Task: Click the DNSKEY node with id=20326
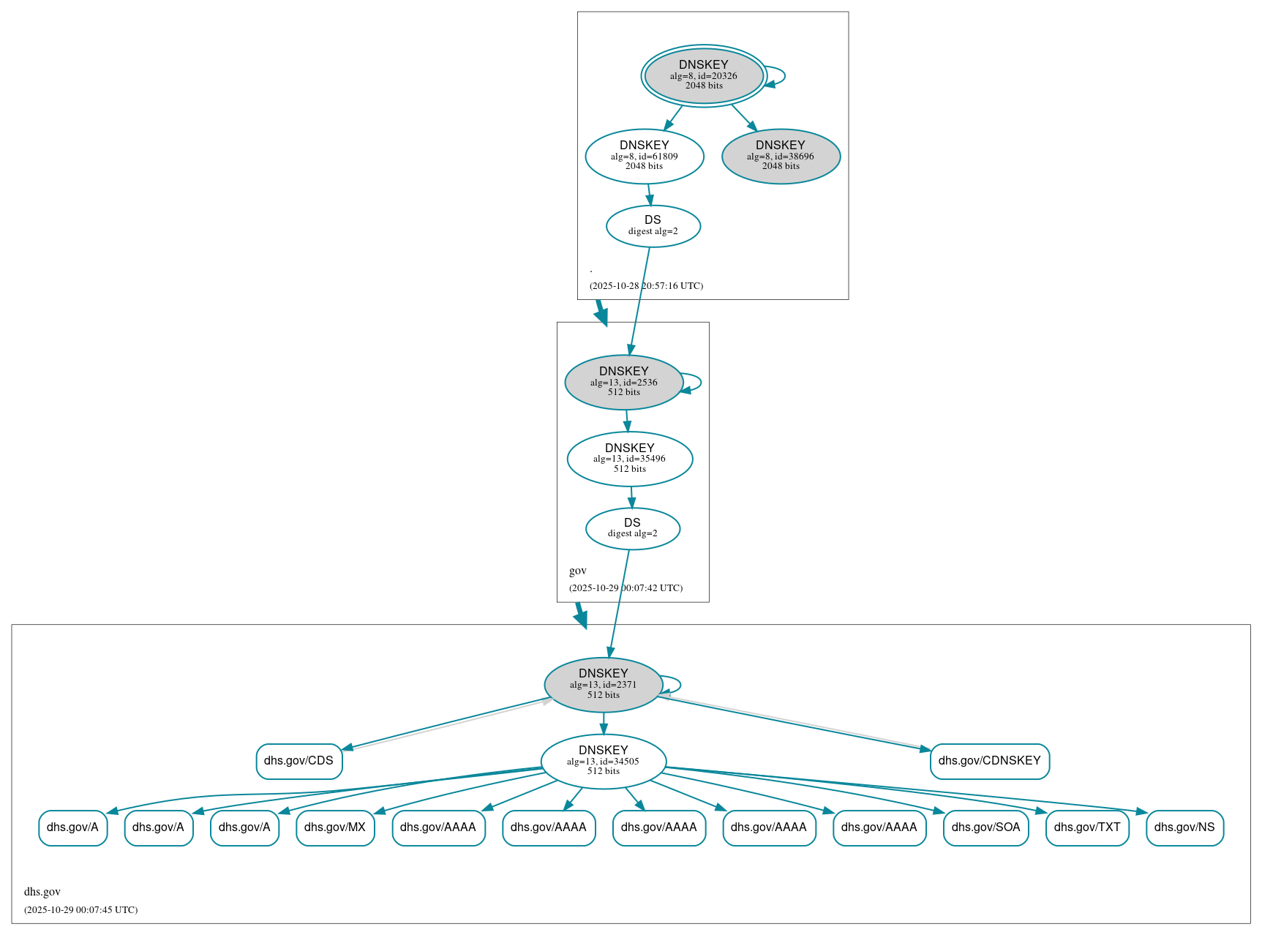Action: pyautogui.click(x=704, y=75)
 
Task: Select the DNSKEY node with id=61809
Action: pyautogui.click(x=644, y=156)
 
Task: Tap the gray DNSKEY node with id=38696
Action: pyautogui.click(x=781, y=156)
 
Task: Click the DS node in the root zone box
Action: pyautogui.click(x=653, y=226)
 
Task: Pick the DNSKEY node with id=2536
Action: pyautogui.click(x=623, y=382)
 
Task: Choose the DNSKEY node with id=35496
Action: pyautogui.click(x=629, y=459)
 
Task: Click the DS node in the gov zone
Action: pyautogui.click(x=632, y=528)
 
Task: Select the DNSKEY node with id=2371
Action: pyautogui.click(x=603, y=685)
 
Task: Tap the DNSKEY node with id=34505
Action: pyautogui.click(x=603, y=762)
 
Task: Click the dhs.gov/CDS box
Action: pyautogui.click(x=298, y=761)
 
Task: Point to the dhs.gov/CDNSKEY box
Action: pyautogui.click(x=989, y=761)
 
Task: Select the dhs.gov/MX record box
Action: pyautogui.click(x=335, y=827)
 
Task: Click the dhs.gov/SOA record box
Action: pyautogui.click(x=985, y=827)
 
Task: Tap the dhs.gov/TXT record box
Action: pyautogui.click(x=1087, y=827)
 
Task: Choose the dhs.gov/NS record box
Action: pyautogui.click(x=1184, y=827)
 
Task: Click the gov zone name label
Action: pyautogui.click(x=578, y=571)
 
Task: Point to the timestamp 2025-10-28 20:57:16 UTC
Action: pyautogui.click(x=646, y=286)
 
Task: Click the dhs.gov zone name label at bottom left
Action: pyautogui.click(x=42, y=892)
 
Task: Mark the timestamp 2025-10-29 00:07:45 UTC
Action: pyautogui.click(x=80, y=910)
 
